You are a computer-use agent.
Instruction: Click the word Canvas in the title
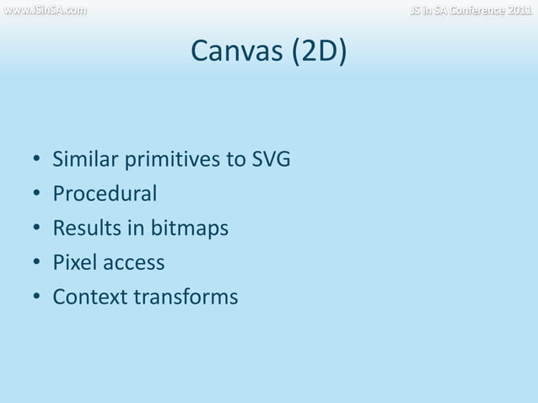tap(237, 52)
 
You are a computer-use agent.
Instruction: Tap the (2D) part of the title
tap(319, 52)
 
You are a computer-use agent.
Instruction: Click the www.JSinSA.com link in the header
tap(43, 10)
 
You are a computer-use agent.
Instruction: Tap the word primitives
tap(175, 159)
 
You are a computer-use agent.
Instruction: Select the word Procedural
tap(105, 194)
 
